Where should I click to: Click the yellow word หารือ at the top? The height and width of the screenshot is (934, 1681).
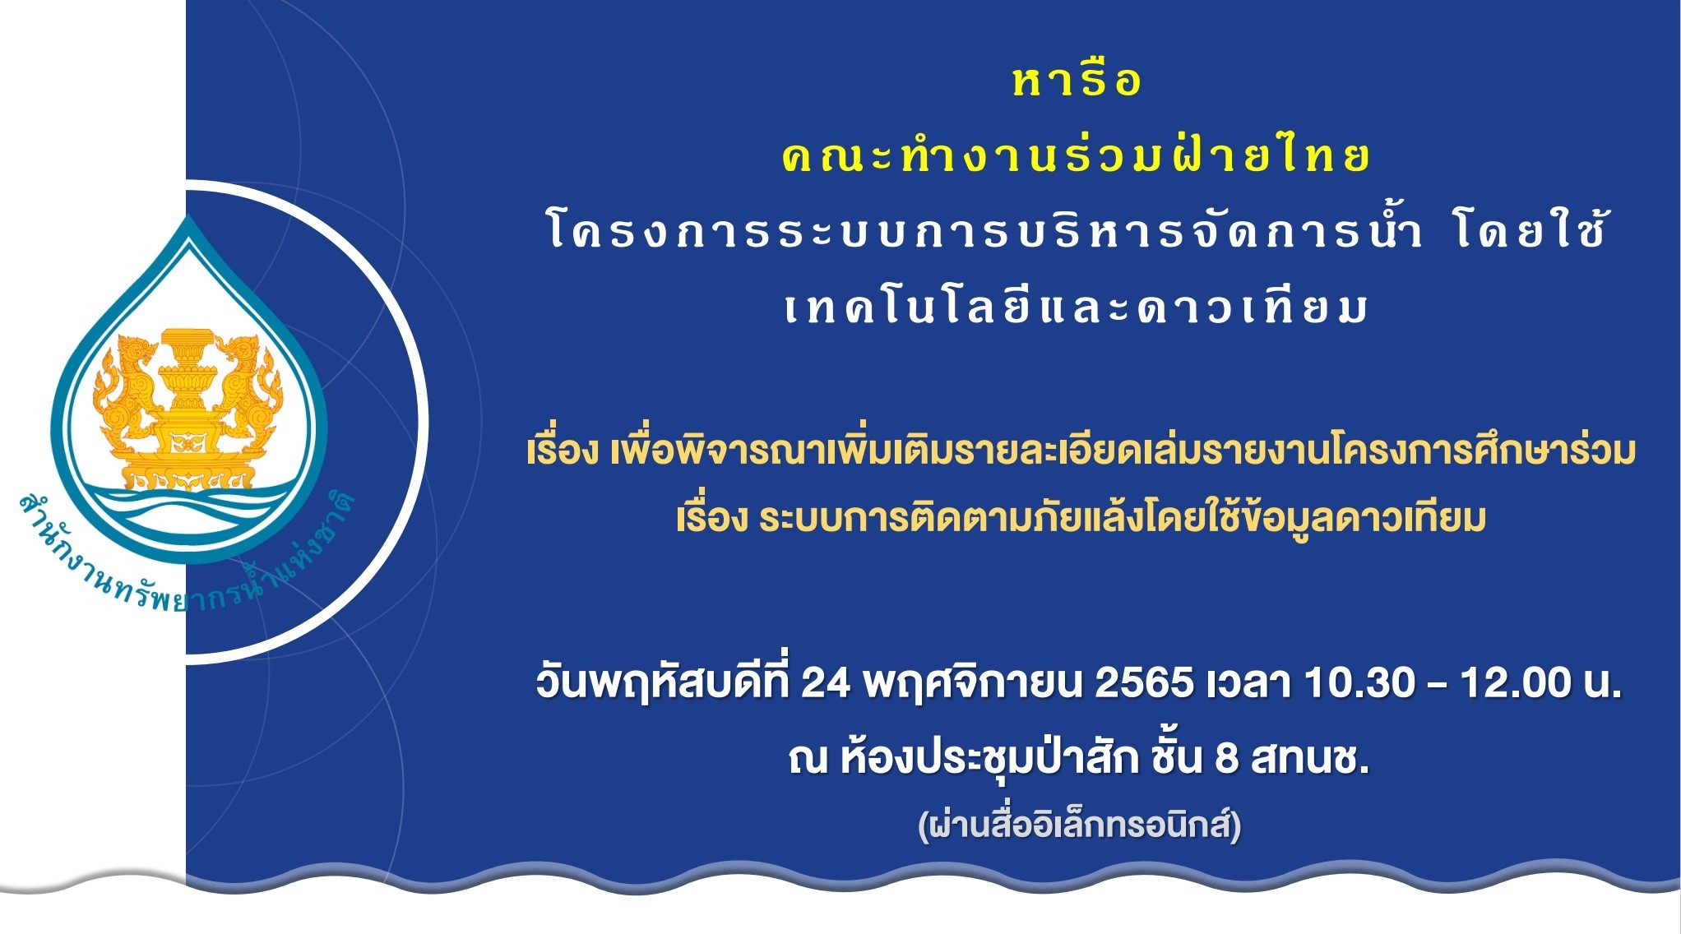(1077, 81)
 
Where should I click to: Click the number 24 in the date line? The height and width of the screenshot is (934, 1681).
(825, 682)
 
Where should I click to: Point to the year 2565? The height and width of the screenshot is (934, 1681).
(1144, 682)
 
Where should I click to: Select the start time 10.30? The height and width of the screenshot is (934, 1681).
(1359, 682)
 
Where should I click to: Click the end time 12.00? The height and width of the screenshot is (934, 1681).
(1516, 682)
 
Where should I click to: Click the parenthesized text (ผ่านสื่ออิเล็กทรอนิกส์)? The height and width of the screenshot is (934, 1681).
(1079, 824)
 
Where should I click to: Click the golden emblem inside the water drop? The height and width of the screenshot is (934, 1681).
(188, 408)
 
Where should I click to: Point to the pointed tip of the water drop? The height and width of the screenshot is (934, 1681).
(189, 216)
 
